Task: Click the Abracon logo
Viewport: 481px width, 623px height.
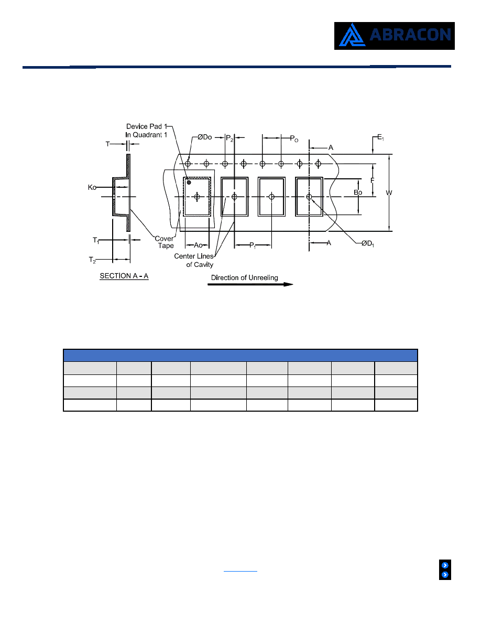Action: [394, 36]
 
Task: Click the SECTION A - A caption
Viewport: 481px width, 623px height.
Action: [124, 276]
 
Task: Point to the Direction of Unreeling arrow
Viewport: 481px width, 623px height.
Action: [250, 284]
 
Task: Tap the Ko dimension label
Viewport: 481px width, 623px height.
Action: [92, 187]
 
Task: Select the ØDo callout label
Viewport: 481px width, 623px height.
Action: [205, 137]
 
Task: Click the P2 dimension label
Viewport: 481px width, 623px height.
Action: [229, 138]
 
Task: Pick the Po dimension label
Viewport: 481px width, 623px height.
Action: [294, 138]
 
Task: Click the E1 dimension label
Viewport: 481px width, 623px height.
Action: [380, 137]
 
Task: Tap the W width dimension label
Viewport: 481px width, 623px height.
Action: [389, 192]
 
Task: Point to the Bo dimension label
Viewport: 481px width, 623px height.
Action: [358, 192]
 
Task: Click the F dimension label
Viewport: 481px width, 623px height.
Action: [372, 180]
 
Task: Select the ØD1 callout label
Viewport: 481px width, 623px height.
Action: [368, 243]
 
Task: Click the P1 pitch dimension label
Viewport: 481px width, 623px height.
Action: [253, 245]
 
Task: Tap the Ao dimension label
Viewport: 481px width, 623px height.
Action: [198, 245]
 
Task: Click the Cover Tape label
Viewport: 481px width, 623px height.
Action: [165, 242]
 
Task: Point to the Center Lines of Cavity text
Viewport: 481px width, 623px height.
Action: [194, 260]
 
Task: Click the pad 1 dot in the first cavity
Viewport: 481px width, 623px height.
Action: [189, 182]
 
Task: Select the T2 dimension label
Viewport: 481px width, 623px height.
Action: [92, 260]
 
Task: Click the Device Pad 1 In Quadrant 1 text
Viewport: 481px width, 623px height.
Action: [146, 131]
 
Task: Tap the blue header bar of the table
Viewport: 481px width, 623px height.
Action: [240, 355]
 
